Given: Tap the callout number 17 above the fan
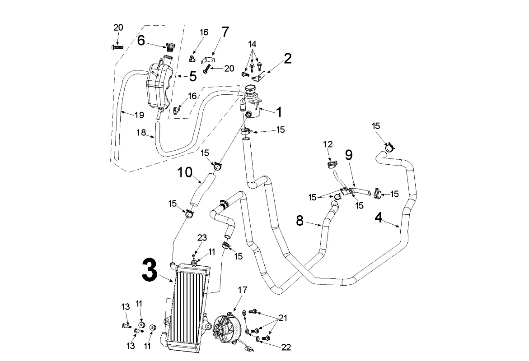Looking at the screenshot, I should pos(242,290).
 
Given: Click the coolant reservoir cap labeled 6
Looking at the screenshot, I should pos(170,46).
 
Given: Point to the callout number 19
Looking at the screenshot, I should pos(139,115).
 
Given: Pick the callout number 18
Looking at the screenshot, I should pos(142,132).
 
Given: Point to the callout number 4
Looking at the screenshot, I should pos(379,218).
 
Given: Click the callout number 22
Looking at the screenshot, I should pos(286,347).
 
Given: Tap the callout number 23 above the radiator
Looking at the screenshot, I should pos(202,238).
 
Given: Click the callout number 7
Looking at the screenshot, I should pos(225,32).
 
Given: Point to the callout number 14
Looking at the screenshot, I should pos(252,44).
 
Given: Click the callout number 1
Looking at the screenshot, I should pos(279,111).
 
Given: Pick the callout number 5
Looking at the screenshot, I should pos(192,76).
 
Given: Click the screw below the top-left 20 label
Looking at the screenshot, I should pos(117,46).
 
